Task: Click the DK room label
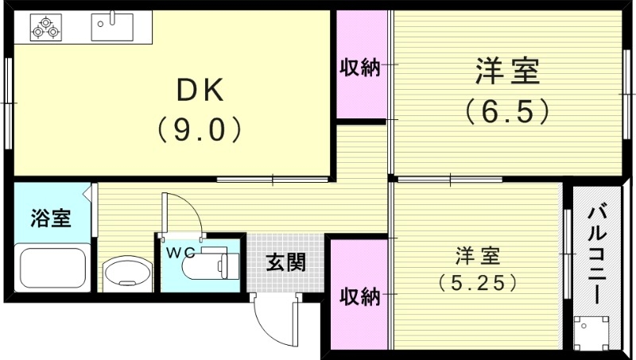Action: [200, 90]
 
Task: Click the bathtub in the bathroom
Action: [52, 269]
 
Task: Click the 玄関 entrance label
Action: [285, 261]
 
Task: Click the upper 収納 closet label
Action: [360, 68]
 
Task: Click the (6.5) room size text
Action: [507, 110]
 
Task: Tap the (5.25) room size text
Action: [477, 281]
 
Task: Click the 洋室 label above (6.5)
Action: [507, 72]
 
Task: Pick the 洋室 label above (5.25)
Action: [477, 256]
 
